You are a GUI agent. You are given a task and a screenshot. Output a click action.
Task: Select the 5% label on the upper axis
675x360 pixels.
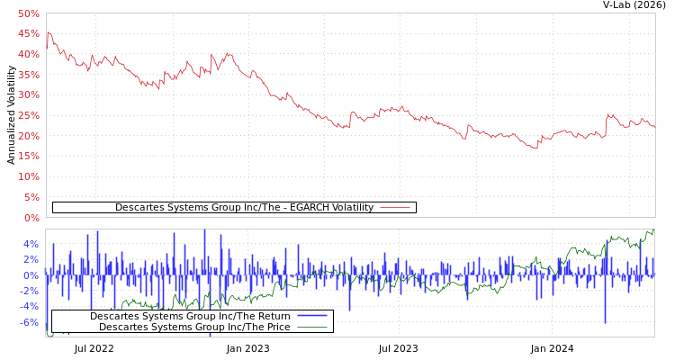[x=31, y=197]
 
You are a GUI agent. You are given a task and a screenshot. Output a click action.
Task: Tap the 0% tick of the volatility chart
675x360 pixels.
[x=31, y=218]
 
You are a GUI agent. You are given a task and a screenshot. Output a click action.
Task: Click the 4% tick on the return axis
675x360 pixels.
[x=31, y=244]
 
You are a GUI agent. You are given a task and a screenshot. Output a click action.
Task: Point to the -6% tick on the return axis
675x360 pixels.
[x=29, y=322]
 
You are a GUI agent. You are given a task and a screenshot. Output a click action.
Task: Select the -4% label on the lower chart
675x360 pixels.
[x=29, y=307]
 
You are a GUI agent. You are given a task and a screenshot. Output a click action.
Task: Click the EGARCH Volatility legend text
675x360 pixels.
[x=244, y=208]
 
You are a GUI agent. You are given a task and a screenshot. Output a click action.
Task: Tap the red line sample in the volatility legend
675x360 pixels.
[x=395, y=208]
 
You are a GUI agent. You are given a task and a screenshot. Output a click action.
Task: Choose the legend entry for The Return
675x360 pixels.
[x=190, y=316]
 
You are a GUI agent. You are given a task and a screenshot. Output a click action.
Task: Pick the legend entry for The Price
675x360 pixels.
[x=194, y=327]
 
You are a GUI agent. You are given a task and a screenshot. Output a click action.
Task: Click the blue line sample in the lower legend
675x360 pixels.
[x=311, y=316]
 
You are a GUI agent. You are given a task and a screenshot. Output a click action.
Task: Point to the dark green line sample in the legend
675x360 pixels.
[x=311, y=327]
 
